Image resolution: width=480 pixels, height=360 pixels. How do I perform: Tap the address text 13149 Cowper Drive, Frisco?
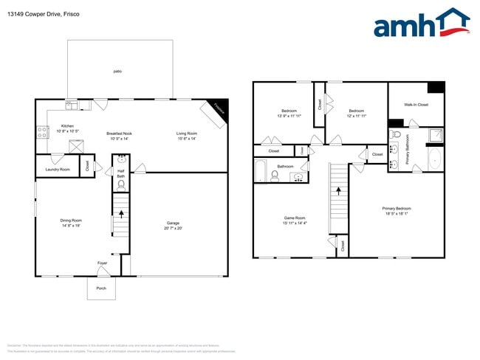(x=44, y=14)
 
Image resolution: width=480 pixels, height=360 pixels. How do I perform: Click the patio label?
(x=117, y=71)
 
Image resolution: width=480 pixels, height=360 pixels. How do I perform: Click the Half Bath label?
(x=120, y=174)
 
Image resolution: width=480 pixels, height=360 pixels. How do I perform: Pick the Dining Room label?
(x=71, y=222)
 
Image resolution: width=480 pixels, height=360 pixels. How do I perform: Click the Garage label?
(x=173, y=225)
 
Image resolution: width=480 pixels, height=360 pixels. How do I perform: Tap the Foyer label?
(x=102, y=263)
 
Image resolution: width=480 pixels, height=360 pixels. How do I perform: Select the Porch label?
(x=101, y=288)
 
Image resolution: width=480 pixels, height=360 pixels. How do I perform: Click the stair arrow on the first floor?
(x=120, y=218)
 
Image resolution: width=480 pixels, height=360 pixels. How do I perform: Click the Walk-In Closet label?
(x=416, y=105)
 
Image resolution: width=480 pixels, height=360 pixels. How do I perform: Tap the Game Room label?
(x=295, y=219)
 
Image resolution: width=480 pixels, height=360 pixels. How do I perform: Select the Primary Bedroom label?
(x=397, y=211)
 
